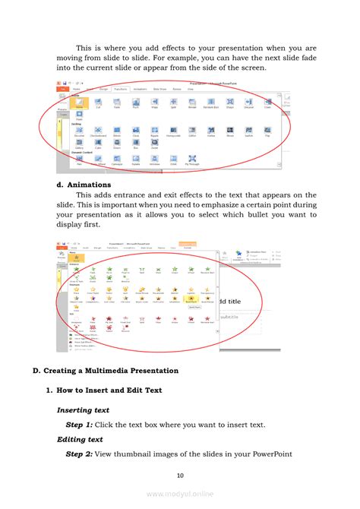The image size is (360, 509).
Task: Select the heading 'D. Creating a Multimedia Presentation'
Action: (x=106, y=371)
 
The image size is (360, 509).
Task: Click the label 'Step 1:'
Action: (x=79, y=425)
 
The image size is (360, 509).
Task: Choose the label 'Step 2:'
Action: (x=79, y=454)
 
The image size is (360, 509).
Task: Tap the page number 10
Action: (x=180, y=476)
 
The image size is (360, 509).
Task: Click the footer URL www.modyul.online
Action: (x=180, y=494)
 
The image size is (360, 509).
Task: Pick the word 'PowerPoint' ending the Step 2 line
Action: (x=292, y=454)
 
